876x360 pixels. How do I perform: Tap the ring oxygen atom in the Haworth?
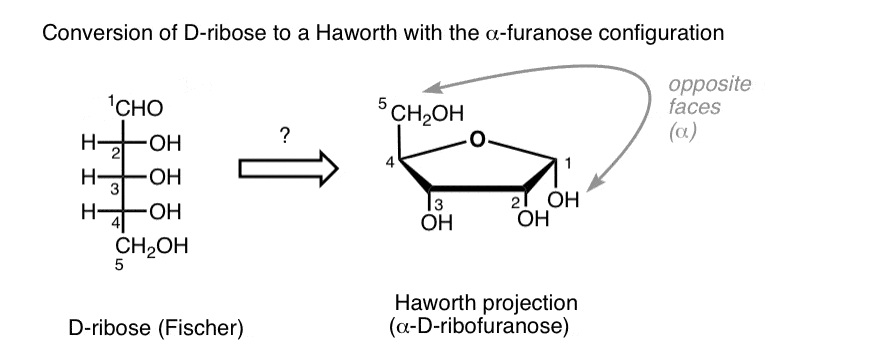point(479,139)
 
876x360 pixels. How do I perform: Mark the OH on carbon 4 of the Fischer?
point(161,211)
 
